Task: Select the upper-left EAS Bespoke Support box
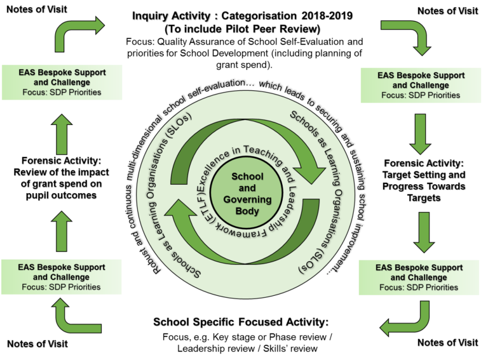(61, 82)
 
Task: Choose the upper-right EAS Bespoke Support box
(421, 85)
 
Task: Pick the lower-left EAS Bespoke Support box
(61, 277)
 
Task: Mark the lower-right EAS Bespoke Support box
(419, 277)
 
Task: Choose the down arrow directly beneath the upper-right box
(420, 134)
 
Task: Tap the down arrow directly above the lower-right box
(422, 232)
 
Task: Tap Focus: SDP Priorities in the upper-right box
(421, 95)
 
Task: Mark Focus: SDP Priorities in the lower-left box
(61, 287)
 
